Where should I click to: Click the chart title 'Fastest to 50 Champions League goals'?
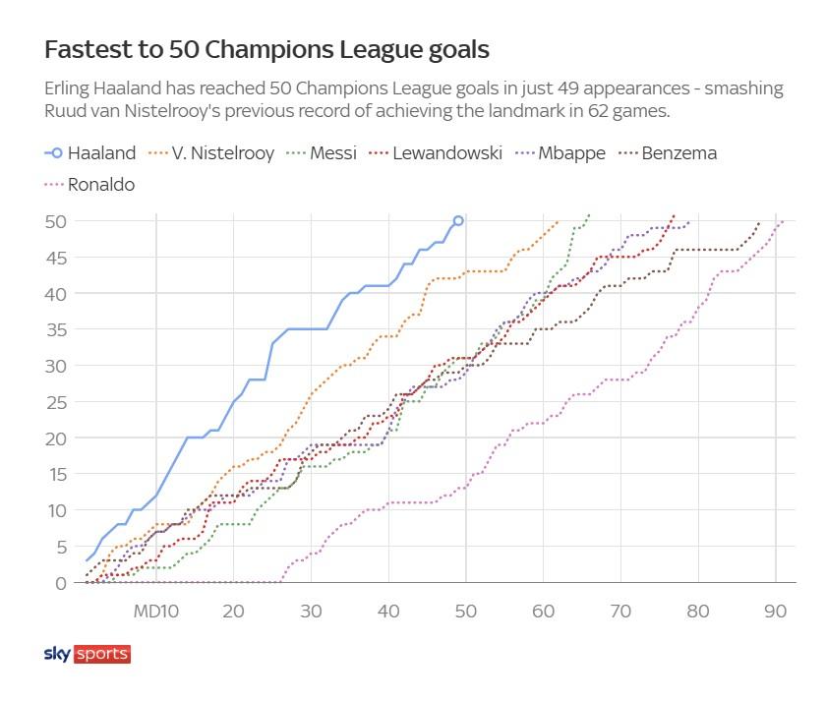(x=266, y=49)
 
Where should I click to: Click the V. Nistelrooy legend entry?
(x=208, y=153)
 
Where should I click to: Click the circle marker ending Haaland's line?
(x=458, y=221)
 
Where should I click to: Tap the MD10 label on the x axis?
(x=155, y=611)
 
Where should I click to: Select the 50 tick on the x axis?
(x=465, y=611)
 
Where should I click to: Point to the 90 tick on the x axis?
(x=776, y=611)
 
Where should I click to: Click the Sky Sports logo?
(x=88, y=654)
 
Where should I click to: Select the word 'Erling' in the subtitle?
(x=70, y=88)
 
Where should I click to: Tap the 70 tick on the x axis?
(x=620, y=611)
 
